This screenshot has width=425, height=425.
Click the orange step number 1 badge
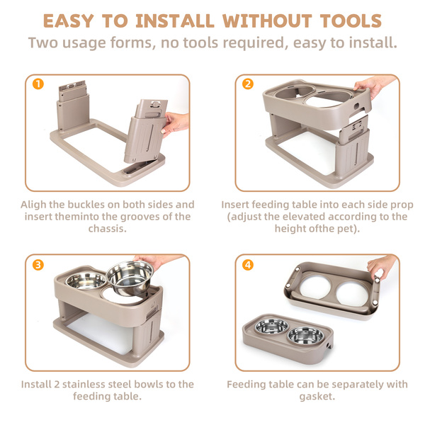pyautogui.click(x=38, y=84)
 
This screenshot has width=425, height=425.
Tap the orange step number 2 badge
pyautogui.click(x=248, y=84)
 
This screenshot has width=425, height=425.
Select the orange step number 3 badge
pyautogui.click(x=38, y=265)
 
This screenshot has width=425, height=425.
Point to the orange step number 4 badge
pyautogui.click(x=248, y=265)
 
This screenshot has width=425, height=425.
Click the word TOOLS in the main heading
pyautogui.click(x=351, y=21)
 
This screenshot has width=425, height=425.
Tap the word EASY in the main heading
pyautogui.click(x=69, y=21)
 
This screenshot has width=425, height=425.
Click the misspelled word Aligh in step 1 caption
pyautogui.click(x=33, y=205)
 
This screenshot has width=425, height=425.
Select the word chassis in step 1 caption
pyautogui.click(x=108, y=229)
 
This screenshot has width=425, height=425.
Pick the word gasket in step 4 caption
pyautogui.click(x=317, y=397)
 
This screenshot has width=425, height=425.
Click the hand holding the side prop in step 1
pyautogui.click(x=176, y=124)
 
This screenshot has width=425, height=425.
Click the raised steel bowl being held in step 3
pyautogui.click(x=130, y=278)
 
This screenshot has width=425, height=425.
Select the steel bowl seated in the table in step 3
pyautogui.click(x=86, y=280)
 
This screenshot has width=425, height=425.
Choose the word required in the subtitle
pyautogui.click(x=254, y=43)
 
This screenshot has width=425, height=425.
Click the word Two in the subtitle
pyautogui.click(x=43, y=42)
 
